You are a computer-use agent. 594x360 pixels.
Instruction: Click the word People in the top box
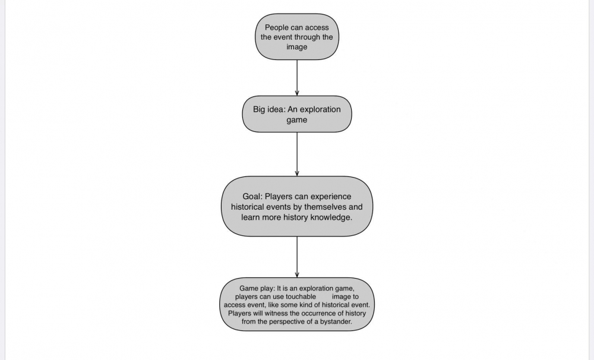click(x=277, y=28)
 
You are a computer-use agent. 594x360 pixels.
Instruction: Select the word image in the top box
click(x=296, y=47)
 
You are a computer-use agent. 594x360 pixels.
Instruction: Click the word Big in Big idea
click(x=259, y=109)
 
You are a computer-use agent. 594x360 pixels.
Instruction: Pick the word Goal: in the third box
click(x=252, y=197)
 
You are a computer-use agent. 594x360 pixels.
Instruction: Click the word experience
click(x=331, y=197)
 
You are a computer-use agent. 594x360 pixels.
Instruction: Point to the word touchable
click(x=301, y=296)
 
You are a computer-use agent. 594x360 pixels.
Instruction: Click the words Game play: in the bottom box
click(x=257, y=288)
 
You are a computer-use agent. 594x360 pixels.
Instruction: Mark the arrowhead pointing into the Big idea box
click(x=297, y=93)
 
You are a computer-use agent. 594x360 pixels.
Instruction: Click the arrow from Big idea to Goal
click(x=297, y=154)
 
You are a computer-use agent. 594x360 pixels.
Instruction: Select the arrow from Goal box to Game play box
click(x=297, y=257)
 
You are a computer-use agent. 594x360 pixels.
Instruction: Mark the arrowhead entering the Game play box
click(x=297, y=275)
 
